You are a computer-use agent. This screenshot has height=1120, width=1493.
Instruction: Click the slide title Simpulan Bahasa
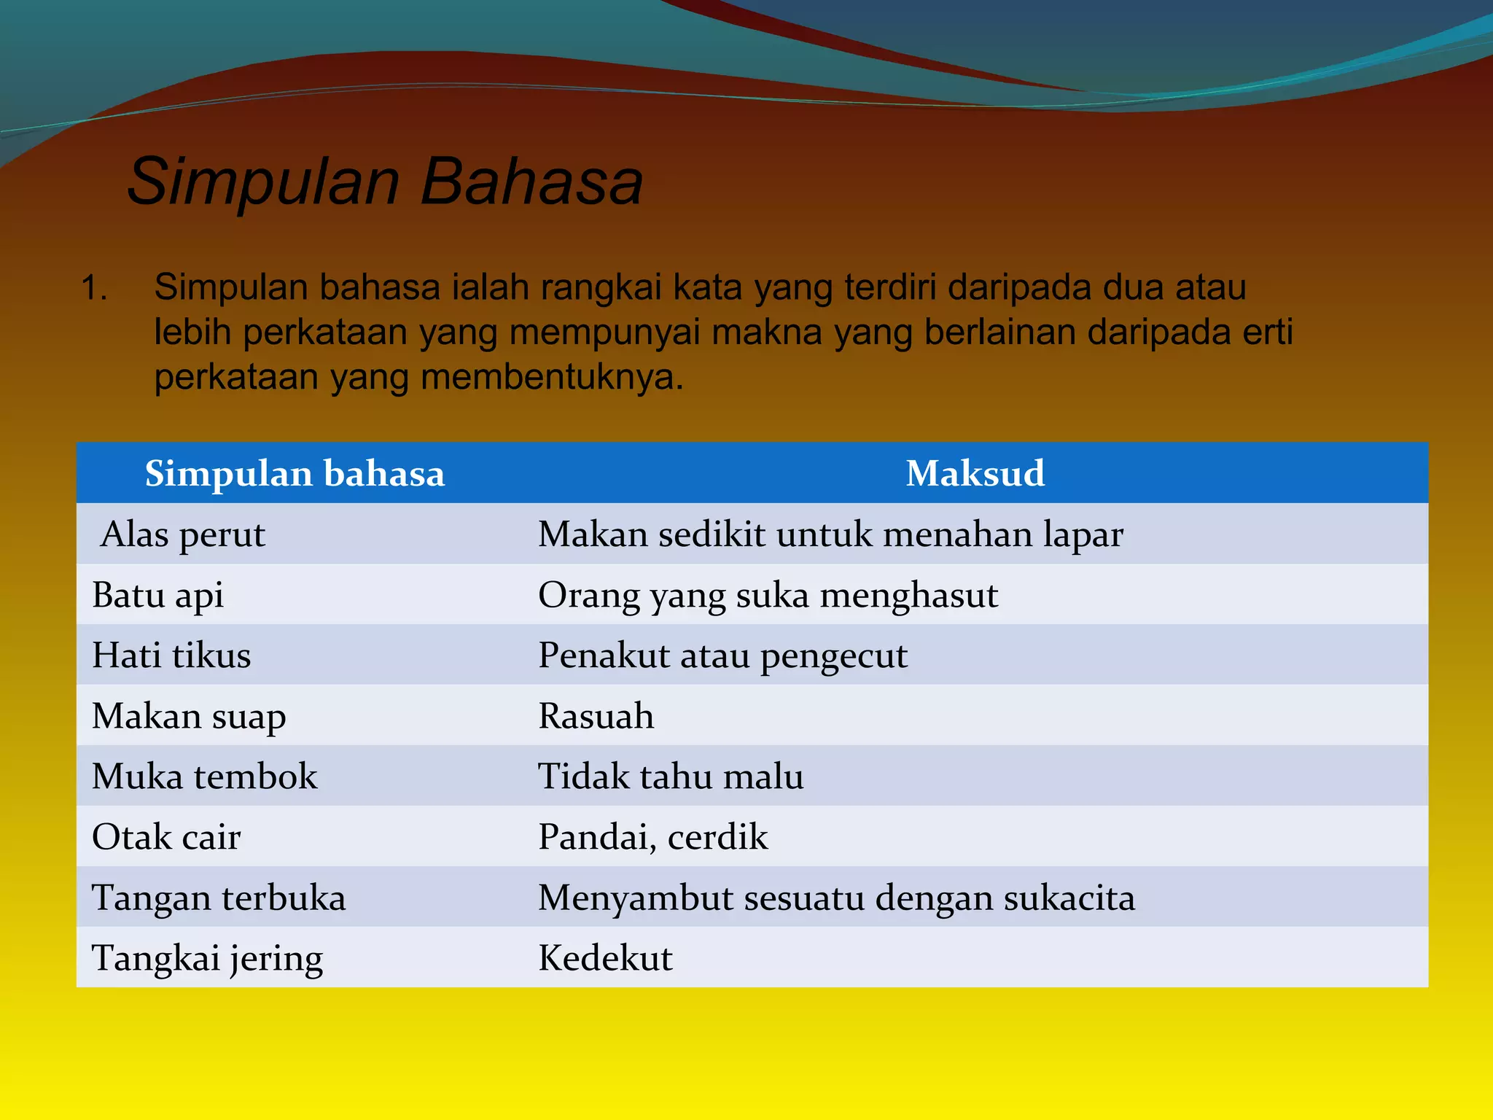tap(385, 181)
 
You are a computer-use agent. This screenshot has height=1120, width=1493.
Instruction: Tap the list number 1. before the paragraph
tap(95, 287)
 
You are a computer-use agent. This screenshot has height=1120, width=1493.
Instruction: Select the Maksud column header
tap(975, 473)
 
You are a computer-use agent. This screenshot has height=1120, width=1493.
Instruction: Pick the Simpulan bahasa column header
tap(295, 473)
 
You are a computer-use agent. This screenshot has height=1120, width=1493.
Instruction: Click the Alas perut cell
tap(183, 534)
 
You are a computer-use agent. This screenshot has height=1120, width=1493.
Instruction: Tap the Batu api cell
tap(157, 595)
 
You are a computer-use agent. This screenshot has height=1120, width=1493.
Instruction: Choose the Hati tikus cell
tap(171, 656)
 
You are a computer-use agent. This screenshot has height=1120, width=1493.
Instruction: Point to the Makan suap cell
tap(189, 716)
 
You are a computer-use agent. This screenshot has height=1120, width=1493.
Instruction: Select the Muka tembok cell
tap(204, 777)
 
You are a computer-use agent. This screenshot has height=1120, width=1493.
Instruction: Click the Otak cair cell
tap(166, 837)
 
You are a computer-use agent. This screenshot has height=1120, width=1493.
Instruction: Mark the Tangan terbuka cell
tap(219, 898)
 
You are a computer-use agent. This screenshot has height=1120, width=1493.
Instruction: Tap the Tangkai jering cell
tap(207, 958)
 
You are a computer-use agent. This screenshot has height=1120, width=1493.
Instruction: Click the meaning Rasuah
tap(596, 716)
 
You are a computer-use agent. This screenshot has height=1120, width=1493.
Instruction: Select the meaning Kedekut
tap(605, 958)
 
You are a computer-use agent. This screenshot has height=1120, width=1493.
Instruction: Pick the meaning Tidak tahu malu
tap(671, 777)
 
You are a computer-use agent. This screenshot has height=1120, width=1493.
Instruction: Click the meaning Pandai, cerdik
tap(652, 837)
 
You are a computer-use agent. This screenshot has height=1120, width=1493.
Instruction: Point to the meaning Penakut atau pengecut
tap(722, 656)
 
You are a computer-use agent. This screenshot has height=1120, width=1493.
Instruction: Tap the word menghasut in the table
tap(908, 596)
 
